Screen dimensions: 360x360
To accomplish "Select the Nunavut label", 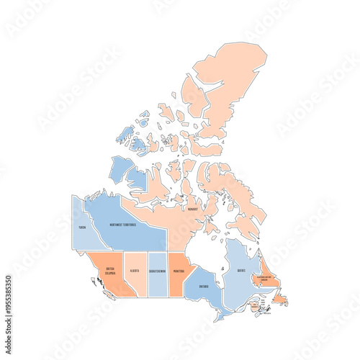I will click(192, 210).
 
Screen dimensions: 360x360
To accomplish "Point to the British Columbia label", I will click(110, 271).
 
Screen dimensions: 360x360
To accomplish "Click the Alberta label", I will click(135, 271).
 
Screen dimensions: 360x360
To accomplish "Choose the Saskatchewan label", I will click(158, 271).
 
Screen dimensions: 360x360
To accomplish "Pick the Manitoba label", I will click(179, 271).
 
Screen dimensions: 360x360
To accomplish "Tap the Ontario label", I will click(203, 286).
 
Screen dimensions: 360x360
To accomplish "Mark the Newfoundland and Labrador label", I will click(269, 278).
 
